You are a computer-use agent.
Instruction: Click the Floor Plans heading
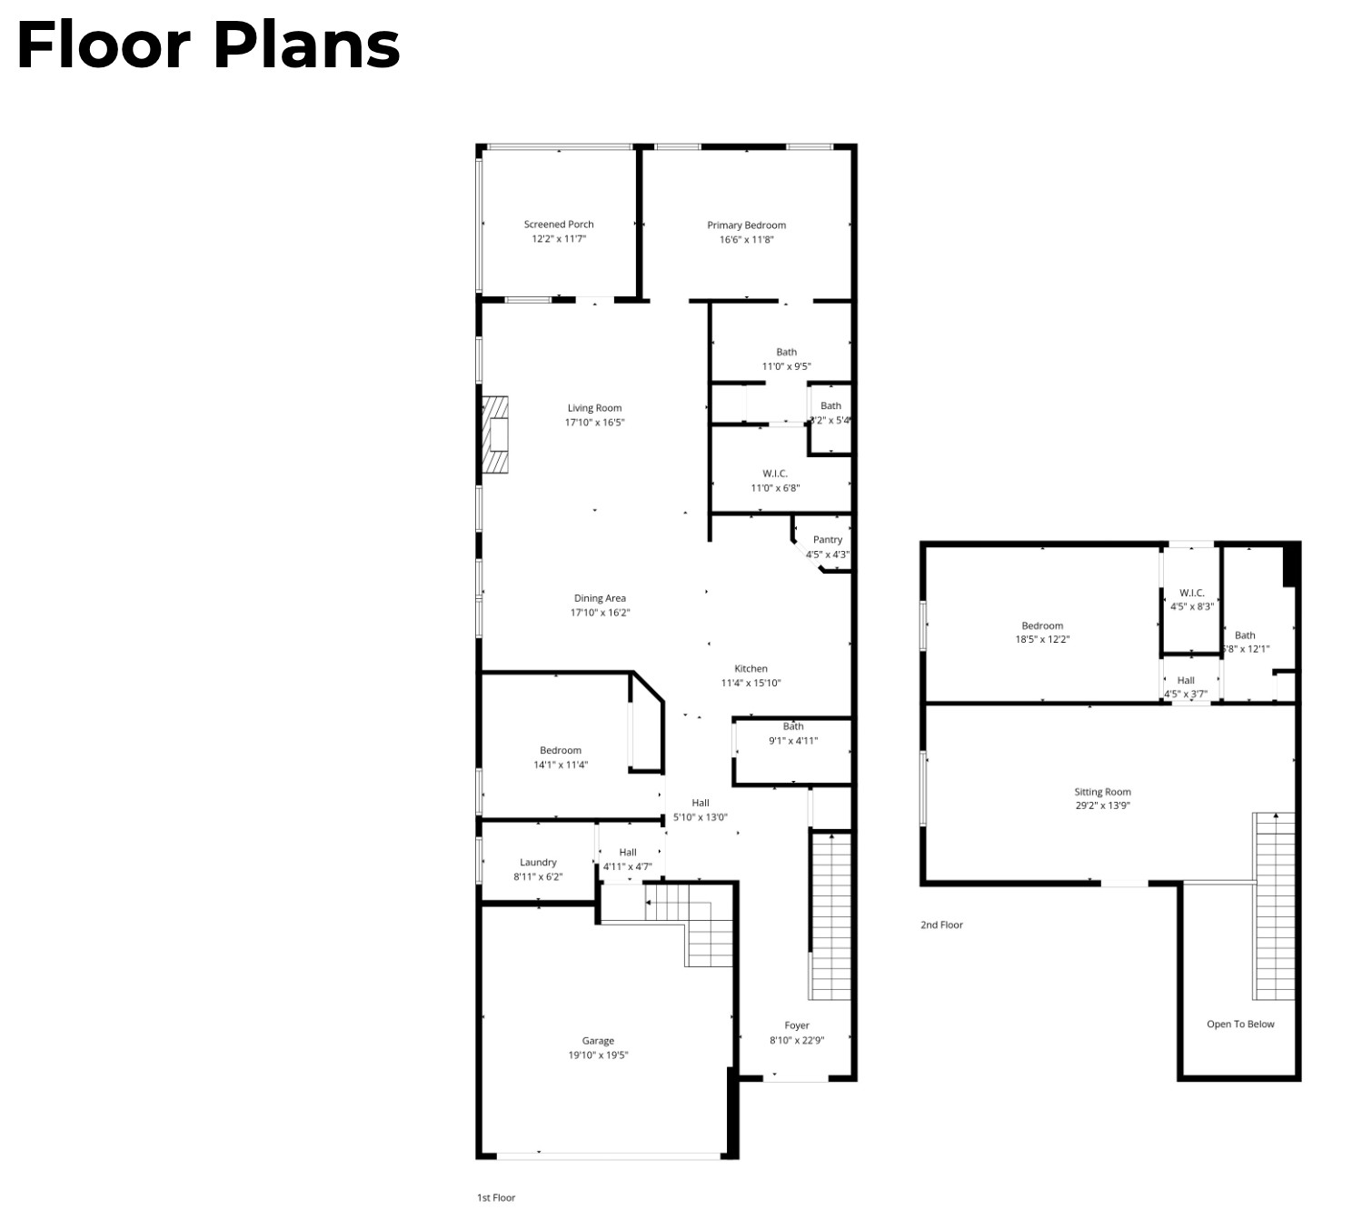pyautogui.click(x=208, y=45)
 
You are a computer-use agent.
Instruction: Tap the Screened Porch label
pyautogui.click(x=559, y=225)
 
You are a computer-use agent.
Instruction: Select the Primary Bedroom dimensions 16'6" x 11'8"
pyautogui.click(x=746, y=240)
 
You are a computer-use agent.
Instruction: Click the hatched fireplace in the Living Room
pyautogui.click(x=495, y=435)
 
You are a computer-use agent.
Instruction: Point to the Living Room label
pyautogui.click(x=594, y=408)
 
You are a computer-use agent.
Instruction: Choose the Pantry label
pyautogui.click(x=827, y=540)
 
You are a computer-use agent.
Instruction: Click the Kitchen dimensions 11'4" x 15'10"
pyautogui.click(x=751, y=684)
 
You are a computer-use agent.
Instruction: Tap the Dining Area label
pyautogui.click(x=600, y=598)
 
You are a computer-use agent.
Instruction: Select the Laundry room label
pyautogui.click(x=538, y=863)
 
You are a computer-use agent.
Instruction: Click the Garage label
pyautogui.click(x=598, y=1041)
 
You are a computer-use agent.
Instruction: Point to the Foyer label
pyautogui.click(x=797, y=1025)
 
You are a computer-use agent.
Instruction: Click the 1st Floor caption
pyautogui.click(x=496, y=1197)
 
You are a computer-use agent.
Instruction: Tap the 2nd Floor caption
pyautogui.click(x=941, y=925)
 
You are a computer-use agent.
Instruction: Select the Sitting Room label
pyautogui.click(x=1102, y=792)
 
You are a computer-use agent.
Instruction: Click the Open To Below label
pyautogui.click(x=1240, y=1024)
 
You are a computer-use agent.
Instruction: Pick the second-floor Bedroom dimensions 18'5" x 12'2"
pyautogui.click(x=1042, y=639)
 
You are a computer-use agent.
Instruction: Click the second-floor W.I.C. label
pyautogui.click(x=1191, y=593)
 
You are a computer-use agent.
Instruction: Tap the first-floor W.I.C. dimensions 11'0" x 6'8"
pyautogui.click(x=775, y=488)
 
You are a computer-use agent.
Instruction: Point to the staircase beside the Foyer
pyautogui.click(x=830, y=918)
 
